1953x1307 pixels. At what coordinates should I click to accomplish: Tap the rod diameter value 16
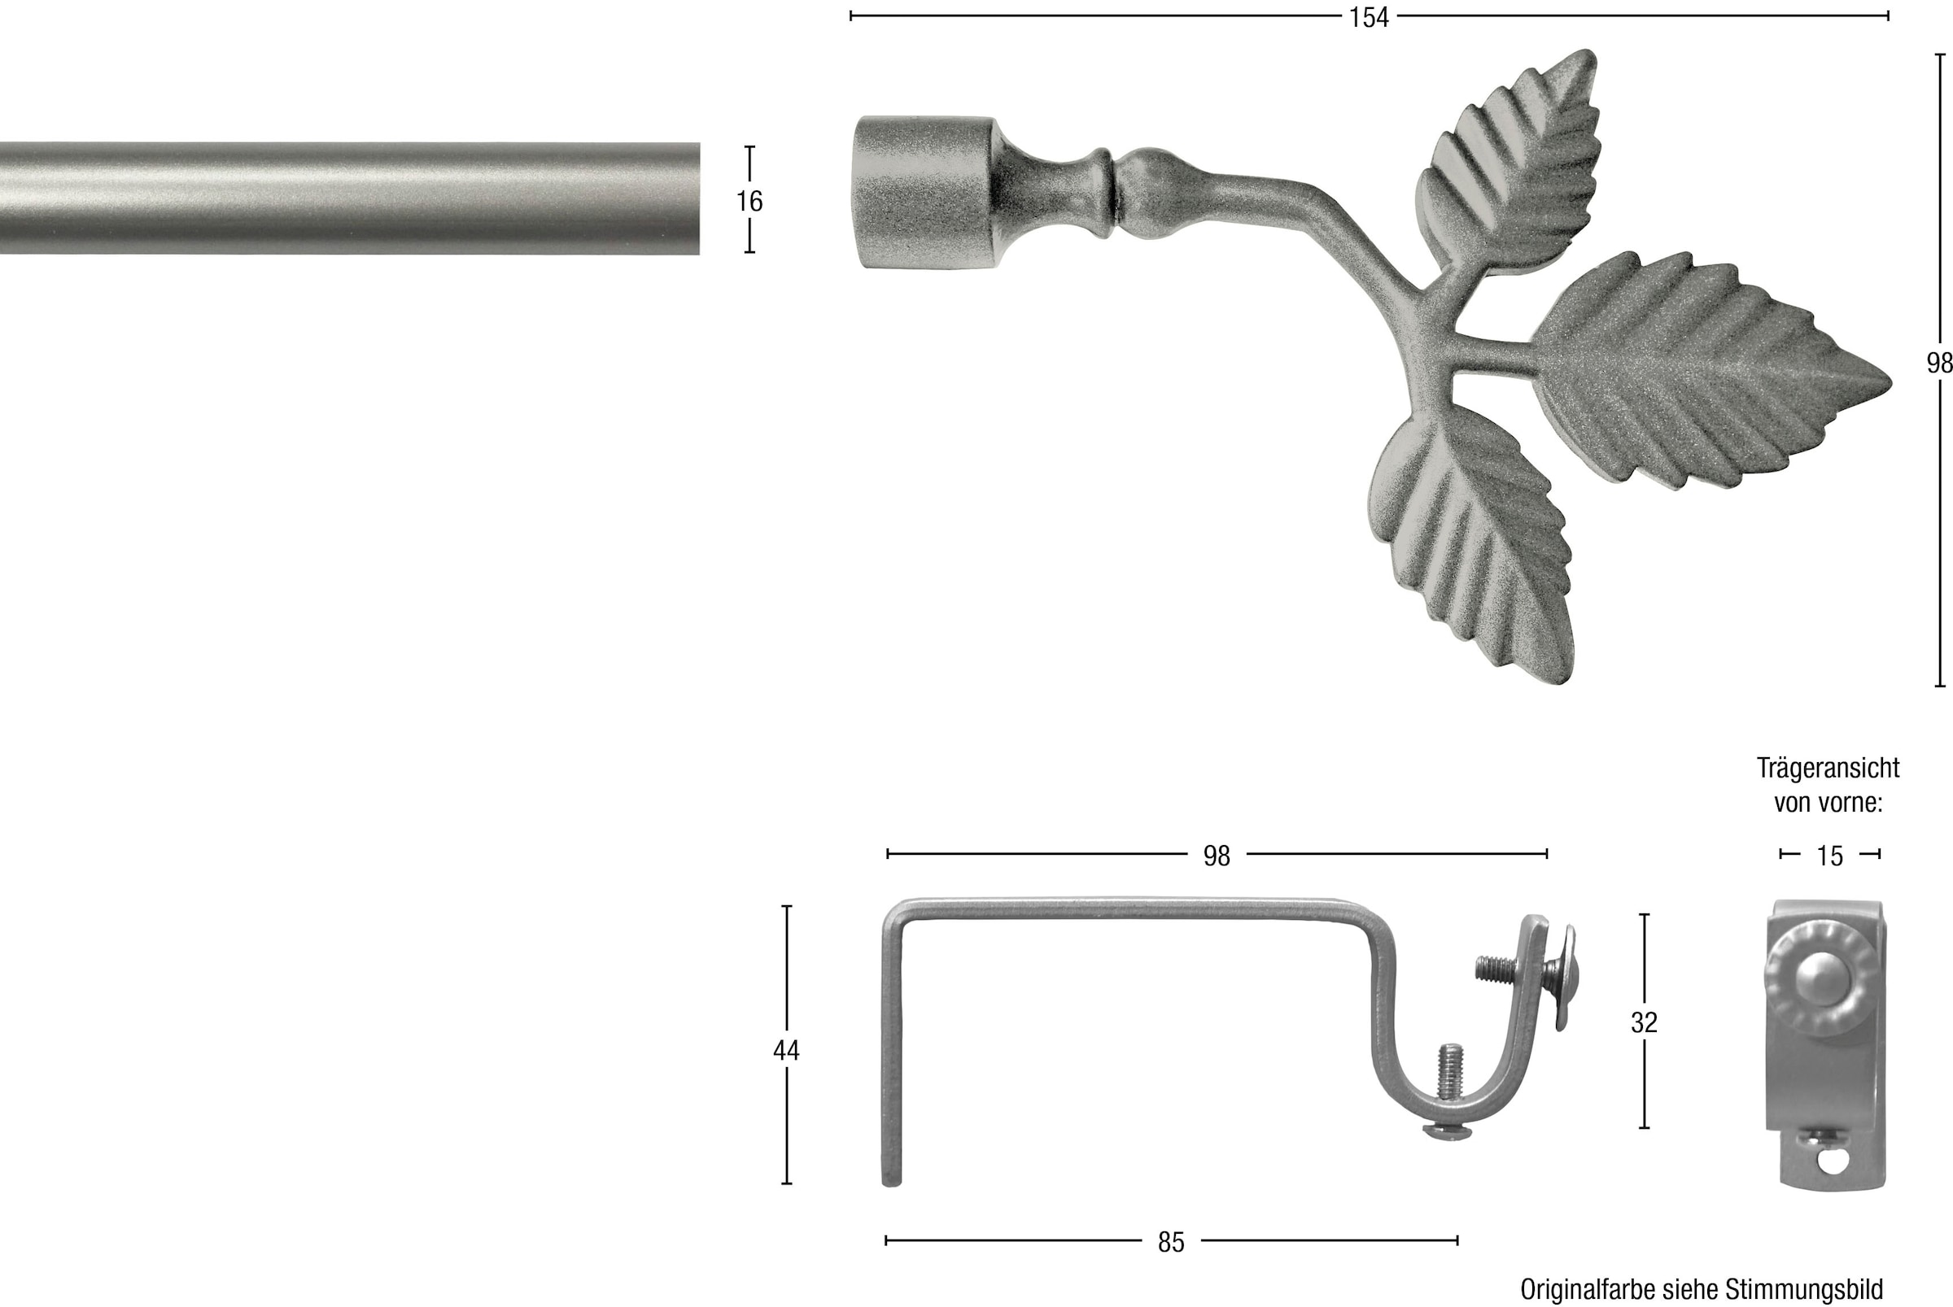[749, 201]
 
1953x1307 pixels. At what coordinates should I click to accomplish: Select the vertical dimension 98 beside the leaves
[1940, 363]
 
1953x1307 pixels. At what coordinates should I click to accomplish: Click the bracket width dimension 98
[1217, 856]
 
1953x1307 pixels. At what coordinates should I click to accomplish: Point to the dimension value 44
[785, 1050]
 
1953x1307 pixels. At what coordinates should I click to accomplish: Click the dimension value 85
[1171, 1242]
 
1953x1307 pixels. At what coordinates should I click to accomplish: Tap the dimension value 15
[1829, 856]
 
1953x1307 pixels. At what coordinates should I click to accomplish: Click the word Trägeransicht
[1828, 768]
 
